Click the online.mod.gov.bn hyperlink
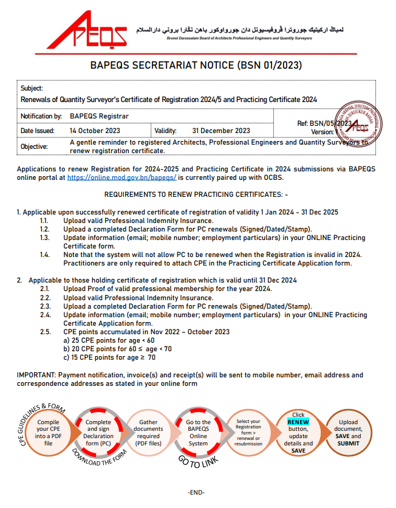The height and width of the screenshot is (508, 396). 121,177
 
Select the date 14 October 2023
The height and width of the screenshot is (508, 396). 95,131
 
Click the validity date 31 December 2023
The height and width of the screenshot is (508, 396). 221,131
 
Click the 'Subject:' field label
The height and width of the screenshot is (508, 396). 32,88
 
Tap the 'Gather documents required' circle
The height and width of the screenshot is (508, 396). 149,433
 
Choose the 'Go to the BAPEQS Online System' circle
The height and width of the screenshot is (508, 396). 198,433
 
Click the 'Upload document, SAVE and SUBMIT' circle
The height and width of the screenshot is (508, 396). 348,433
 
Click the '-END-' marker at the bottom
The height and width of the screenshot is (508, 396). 196,492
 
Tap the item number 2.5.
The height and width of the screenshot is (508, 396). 46,332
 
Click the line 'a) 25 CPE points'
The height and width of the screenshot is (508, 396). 100,340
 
